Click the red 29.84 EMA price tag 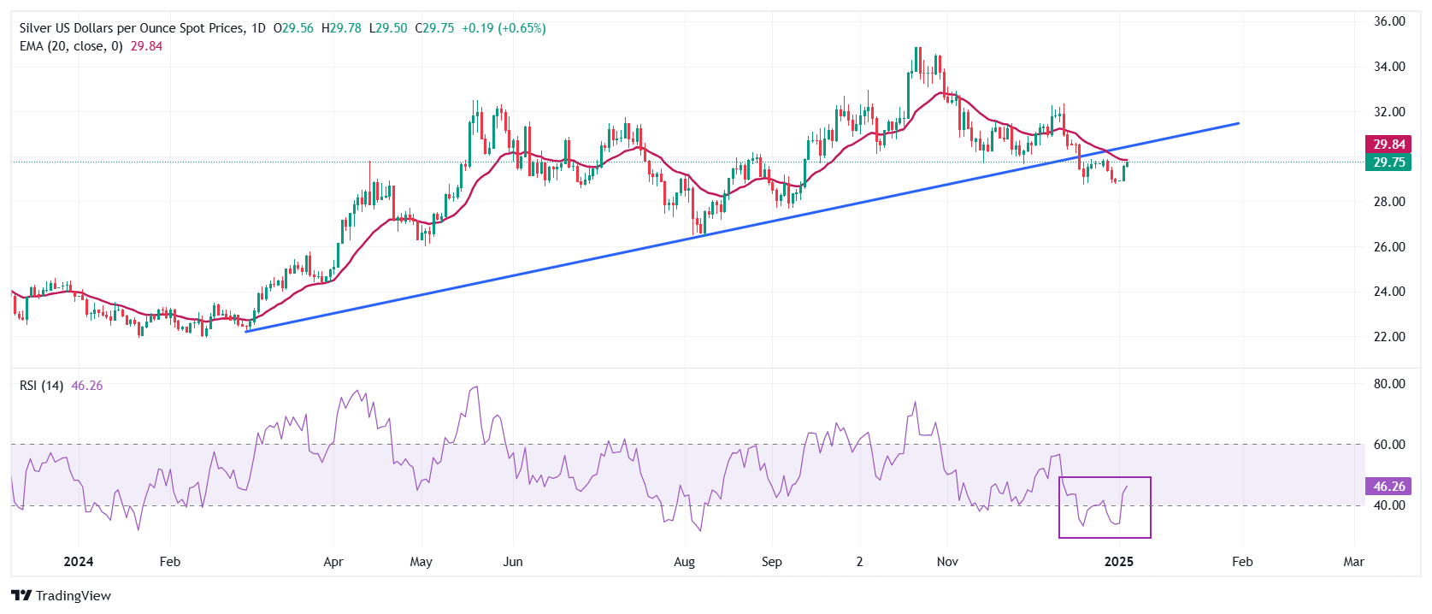pos(1388,145)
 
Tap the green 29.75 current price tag pos(1388,162)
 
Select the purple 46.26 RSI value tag pos(1388,487)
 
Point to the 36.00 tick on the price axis pos(1389,21)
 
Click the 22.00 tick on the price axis pos(1389,337)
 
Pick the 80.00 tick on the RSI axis pos(1389,384)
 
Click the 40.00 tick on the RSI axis pos(1389,505)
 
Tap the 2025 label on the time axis pos(1118,562)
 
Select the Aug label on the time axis pos(684,562)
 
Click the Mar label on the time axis pos(1353,562)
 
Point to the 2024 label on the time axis pos(79,562)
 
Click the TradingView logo pos(62,596)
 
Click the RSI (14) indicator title pos(41,386)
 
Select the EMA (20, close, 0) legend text pos(71,46)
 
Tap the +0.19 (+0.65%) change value pos(504,28)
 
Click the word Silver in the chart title pos(35,28)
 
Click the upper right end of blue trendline pos(1238,124)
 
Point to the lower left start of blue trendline pos(246,331)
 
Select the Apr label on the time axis pos(333,562)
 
